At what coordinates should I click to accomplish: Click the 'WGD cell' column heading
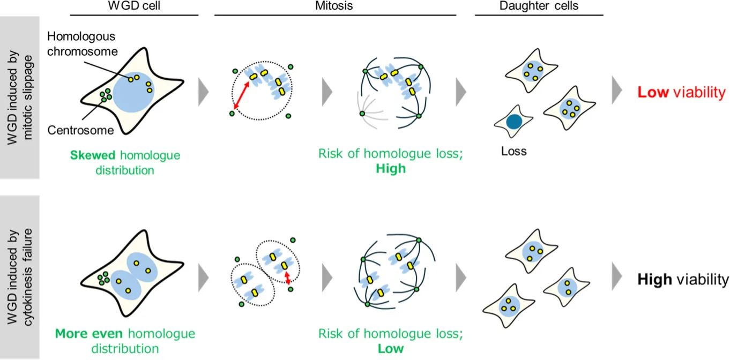tap(134, 6)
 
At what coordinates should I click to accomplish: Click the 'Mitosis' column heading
tap(334, 6)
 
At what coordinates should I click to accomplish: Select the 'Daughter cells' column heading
tap(539, 6)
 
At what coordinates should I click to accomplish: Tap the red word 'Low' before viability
tap(653, 92)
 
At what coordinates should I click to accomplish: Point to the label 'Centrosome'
tap(80, 130)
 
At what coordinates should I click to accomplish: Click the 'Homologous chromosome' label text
tap(82, 43)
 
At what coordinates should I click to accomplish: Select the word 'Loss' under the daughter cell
tap(513, 151)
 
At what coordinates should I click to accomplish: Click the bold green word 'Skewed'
tap(93, 155)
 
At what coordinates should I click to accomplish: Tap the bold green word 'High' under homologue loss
tap(391, 168)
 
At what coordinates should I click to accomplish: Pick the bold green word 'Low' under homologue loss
tap(390, 349)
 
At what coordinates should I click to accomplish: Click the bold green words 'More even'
tap(88, 334)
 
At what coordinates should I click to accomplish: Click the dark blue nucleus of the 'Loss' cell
tap(514, 122)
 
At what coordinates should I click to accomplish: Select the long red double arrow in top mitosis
tap(242, 95)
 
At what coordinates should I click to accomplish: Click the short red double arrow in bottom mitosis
tap(287, 278)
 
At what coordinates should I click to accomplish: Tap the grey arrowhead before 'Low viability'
tap(617, 90)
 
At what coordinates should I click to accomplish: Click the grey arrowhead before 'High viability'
tap(617, 276)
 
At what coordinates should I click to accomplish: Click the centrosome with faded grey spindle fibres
tap(362, 114)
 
